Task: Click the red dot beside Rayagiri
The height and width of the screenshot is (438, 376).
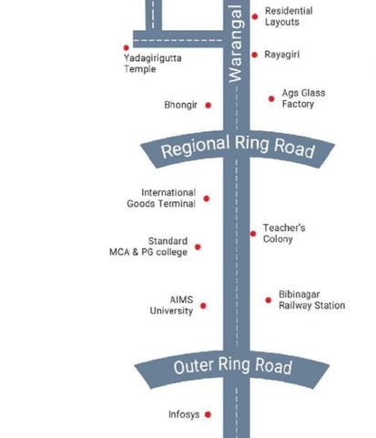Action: (x=255, y=55)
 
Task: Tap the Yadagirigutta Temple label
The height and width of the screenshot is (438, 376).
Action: (x=153, y=64)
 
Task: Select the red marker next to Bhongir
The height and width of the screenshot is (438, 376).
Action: (x=208, y=106)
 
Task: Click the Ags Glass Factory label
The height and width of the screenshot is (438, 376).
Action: (x=303, y=98)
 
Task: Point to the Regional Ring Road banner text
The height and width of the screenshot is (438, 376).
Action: (x=238, y=147)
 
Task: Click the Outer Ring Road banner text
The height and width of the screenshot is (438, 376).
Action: (x=233, y=365)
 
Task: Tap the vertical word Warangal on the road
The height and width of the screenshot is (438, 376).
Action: (x=236, y=44)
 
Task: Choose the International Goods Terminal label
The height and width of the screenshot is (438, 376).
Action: (x=161, y=198)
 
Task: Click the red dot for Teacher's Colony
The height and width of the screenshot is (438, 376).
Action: (x=253, y=233)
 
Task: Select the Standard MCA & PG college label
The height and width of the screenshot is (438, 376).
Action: (x=148, y=247)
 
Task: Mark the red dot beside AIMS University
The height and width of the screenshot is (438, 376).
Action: (x=203, y=306)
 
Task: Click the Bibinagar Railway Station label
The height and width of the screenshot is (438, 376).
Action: (x=312, y=300)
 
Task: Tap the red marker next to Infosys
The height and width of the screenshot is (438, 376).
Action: (x=208, y=414)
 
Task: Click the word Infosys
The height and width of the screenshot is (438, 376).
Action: (x=184, y=414)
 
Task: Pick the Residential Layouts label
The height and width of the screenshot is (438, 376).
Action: (x=289, y=16)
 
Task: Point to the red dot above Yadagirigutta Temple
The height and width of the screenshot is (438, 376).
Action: (x=127, y=47)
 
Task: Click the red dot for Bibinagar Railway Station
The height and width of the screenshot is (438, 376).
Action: (x=269, y=300)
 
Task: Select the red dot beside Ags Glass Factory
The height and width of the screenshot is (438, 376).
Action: (x=271, y=98)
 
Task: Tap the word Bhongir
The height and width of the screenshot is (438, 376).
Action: (x=180, y=105)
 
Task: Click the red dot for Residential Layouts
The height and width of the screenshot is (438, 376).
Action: (x=255, y=16)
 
